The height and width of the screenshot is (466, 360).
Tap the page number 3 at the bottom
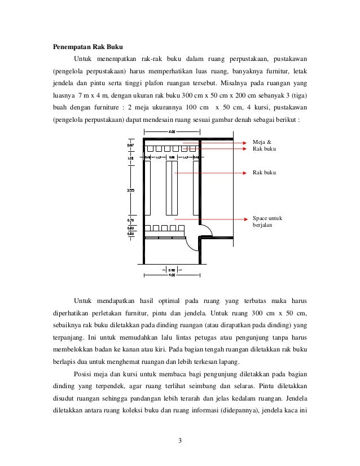(179, 441)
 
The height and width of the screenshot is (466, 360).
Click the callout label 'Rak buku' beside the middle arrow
(264, 171)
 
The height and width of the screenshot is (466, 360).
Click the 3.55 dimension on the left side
(130, 190)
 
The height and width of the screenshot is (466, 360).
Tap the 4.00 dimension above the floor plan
(172, 131)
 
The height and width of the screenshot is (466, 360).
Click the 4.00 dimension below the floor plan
(172, 275)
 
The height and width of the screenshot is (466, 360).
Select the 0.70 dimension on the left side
(130, 221)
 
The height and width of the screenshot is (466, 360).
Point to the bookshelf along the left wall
(148, 189)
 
